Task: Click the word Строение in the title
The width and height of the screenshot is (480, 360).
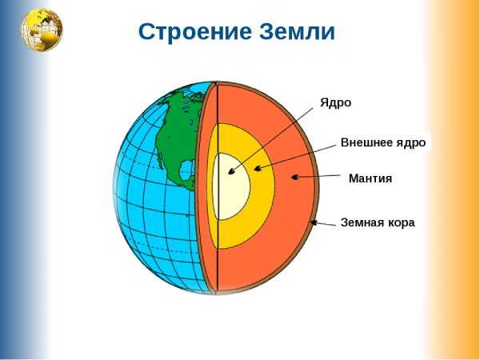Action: pos(183,32)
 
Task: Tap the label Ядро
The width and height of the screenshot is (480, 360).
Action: pos(335,102)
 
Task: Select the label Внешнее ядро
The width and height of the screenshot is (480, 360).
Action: pos(383,143)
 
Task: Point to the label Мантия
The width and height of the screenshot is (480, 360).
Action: pos(370,178)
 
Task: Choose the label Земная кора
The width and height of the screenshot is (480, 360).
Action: pos(377,222)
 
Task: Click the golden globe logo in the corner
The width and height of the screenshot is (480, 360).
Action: pos(42,30)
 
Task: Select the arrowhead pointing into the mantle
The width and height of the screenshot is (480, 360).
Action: pos(297,178)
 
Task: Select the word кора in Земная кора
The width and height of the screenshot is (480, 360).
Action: pos(402,222)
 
